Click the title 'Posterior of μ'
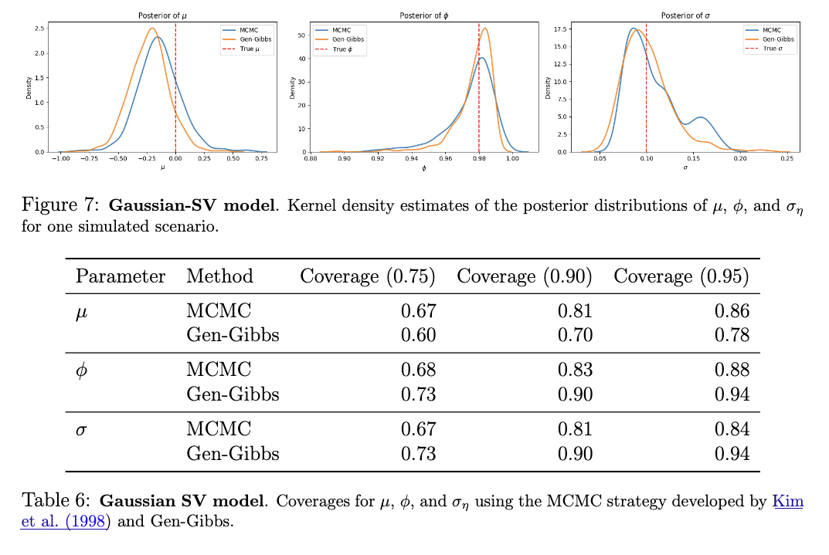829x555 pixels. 162,15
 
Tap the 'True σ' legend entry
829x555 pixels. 770,49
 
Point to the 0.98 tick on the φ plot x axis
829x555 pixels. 479,158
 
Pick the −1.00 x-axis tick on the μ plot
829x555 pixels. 59,158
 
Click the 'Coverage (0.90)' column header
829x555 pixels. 525,276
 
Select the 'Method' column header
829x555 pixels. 219,276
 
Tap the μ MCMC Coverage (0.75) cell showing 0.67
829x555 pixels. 418,311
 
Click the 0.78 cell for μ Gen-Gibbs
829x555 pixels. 732,335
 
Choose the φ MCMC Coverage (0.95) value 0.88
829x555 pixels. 732,371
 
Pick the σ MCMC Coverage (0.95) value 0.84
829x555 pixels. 732,429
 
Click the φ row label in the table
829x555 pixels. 82,371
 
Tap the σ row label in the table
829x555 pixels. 81,429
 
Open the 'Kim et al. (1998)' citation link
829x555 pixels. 787,502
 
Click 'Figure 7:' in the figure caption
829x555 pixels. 62,206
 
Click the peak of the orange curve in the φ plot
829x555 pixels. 484,29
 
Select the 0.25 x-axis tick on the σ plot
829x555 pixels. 787,158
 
